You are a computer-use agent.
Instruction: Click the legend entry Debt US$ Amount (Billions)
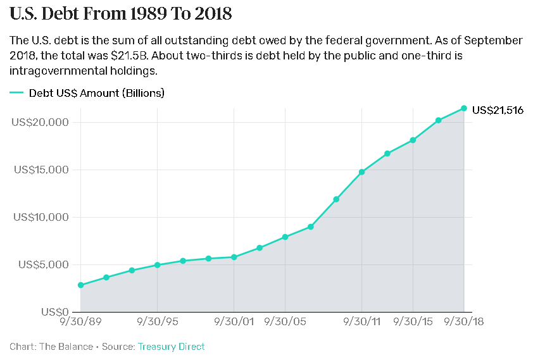point(96,93)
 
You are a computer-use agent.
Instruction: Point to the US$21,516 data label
point(498,110)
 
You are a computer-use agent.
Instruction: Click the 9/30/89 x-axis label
point(80,322)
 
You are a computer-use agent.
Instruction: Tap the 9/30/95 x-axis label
point(157,322)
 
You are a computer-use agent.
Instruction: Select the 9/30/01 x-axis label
point(234,322)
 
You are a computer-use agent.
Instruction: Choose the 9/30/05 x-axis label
point(285,322)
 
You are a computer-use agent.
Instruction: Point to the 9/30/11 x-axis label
point(361,322)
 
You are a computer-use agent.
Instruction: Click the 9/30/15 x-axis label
point(413,322)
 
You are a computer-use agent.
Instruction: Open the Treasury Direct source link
point(171,347)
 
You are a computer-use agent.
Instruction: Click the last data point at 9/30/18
point(464,108)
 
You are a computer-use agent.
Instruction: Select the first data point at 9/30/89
point(80,285)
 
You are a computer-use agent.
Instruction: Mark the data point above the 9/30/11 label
point(361,172)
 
